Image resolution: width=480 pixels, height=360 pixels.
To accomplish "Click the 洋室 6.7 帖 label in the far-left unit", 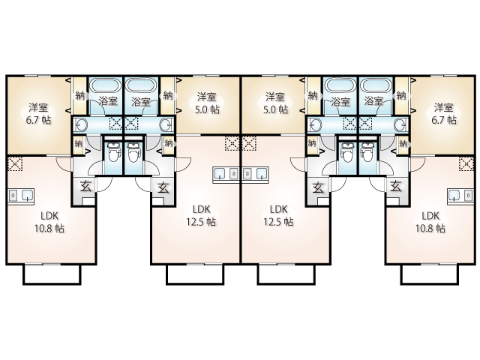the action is (38, 113).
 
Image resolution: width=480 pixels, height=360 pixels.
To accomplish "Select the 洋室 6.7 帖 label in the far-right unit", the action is (443, 113).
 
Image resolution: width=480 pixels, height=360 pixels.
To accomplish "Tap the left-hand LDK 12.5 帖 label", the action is (201, 215).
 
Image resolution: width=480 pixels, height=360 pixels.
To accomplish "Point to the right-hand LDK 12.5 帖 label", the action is (278, 215).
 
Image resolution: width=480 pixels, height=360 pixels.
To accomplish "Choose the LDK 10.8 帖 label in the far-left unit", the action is (49, 222).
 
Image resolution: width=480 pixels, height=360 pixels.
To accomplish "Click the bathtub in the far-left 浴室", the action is (105, 85).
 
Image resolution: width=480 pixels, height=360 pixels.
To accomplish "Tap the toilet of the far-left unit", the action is (113, 152).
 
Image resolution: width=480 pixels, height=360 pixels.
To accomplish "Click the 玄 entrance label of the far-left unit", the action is (85, 187).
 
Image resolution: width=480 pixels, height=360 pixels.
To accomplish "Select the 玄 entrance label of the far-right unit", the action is (396, 187).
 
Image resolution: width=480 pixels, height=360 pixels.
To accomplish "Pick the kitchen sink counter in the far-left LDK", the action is (21, 195).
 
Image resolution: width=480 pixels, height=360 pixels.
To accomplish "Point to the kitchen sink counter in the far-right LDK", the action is (460, 195).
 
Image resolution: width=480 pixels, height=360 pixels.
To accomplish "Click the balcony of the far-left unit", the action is (52, 274).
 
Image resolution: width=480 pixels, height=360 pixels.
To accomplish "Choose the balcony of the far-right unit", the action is (430, 274).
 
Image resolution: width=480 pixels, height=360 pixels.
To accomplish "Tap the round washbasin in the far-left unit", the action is (81, 125).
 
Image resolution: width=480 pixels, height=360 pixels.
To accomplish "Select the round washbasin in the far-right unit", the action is (401, 125).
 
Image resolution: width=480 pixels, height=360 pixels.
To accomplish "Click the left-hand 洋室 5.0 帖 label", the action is (208, 103).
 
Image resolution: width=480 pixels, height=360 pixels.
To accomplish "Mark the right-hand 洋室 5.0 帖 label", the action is (276, 103).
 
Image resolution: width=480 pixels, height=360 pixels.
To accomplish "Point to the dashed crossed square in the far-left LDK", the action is (15, 163).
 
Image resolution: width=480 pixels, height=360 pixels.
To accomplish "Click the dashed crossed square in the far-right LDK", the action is (466, 163).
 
